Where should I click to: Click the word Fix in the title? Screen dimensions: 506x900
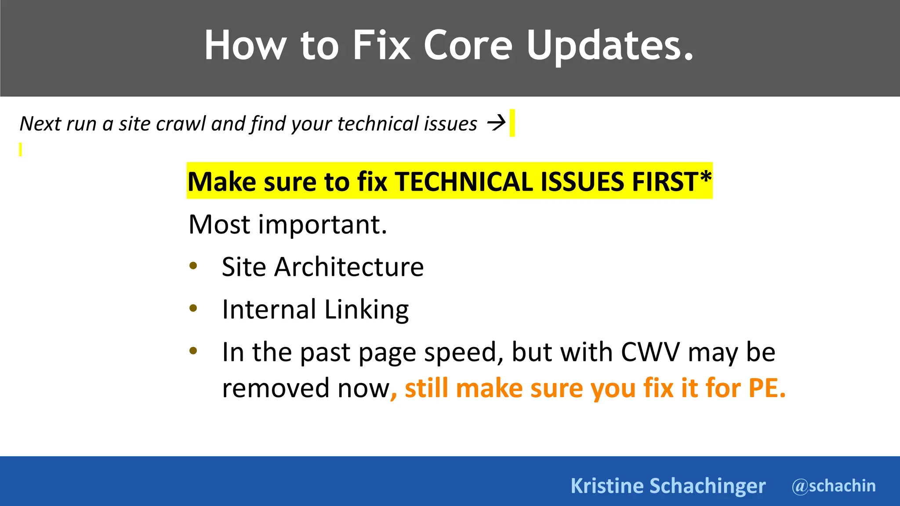pyautogui.click(x=381, y=45)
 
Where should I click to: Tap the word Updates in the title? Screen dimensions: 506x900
pyautogui.click(x=610, y=45)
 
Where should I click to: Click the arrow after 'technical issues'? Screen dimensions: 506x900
pyautogui.click(x=497, y=123)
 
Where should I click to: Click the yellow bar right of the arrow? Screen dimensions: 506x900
pyautogui.click(x=512, y=123)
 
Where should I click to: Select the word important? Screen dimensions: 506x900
pyautogui.click(x=323, y=224)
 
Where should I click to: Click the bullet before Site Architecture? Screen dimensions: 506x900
pyautogui.click(x=193, y=266)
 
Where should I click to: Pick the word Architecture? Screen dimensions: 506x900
pyautogui.click(x=349, y=267)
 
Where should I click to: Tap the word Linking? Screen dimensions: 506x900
pyautogui.click(x=367, y=310)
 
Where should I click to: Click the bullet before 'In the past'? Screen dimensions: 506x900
pyautogui.click(x=193, y=351)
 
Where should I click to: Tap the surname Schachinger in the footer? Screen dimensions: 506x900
pyautogui.click(x=707, y=486)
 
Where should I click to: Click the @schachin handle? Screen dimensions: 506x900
pyautogui.click(x=834, y=486)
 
